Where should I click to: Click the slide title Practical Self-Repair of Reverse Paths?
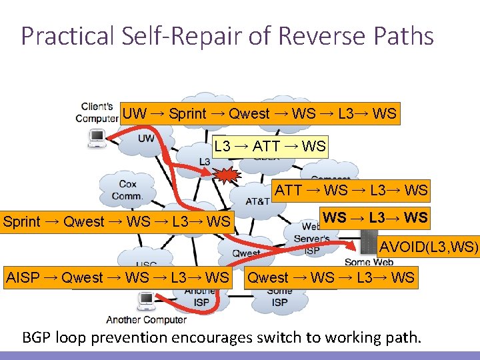pos(227,35)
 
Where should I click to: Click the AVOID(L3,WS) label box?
pos(429,248)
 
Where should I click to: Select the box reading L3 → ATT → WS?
pos(270,146)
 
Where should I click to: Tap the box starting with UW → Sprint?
pos(259,113)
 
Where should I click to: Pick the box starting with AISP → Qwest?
pos(117,277)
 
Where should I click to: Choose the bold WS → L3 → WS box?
pos(375,217)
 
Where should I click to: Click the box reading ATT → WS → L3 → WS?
pos(351,190)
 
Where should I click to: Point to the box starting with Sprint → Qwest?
pos(117,221)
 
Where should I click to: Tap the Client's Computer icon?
pos(97,138)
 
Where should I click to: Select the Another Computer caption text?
pos(146,319)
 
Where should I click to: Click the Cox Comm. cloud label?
pos(127,189)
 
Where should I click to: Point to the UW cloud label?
pos(146,139)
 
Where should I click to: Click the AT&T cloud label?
pos(257,201)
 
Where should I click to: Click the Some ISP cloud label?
pos(279,297)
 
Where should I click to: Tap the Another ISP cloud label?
pos(200,297)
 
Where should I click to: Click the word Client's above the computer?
pos(97,107)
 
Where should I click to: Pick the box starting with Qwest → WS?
pos(331,277)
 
